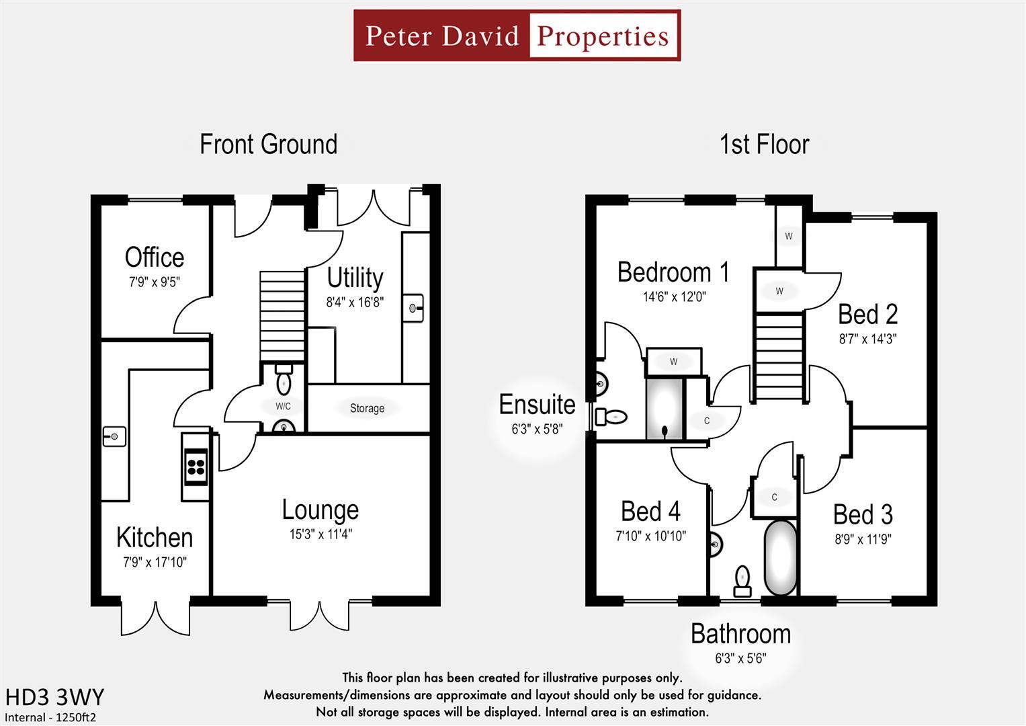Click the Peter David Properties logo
517,36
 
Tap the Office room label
155,257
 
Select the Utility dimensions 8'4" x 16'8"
355,302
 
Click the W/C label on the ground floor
283,406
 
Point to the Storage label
367,408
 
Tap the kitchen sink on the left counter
114,437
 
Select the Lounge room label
320,510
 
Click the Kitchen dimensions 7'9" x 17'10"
155,562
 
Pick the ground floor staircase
283,316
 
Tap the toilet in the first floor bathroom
742,581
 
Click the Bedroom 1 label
673,272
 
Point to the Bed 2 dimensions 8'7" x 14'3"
867,339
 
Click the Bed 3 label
863,514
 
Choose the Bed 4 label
650,512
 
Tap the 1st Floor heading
764,145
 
